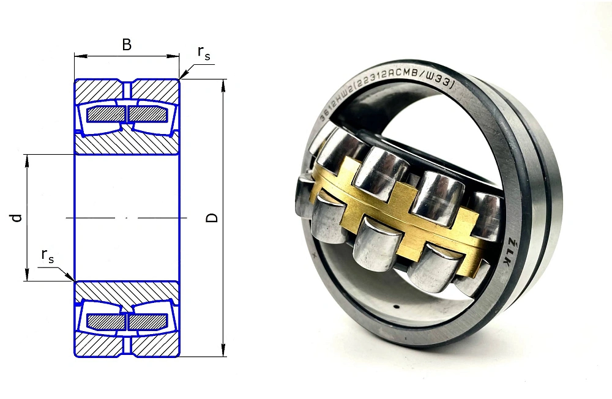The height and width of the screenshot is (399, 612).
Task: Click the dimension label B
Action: (127, 45)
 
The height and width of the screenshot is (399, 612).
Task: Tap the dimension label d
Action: (17, 218)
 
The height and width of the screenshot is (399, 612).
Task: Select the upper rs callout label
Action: (203, 54)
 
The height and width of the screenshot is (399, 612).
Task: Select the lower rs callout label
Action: (47, 256)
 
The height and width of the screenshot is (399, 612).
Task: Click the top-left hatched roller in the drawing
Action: (106, 114)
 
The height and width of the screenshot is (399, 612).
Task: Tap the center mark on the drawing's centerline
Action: (127, 218)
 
